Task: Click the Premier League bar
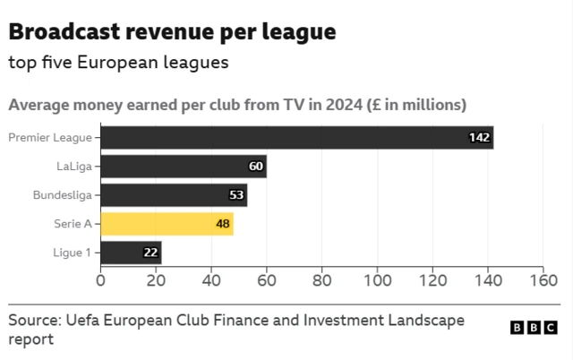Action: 295,137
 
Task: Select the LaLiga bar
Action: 183,167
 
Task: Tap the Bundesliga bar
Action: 173,195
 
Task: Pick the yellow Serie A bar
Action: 166,224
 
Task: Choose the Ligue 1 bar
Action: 130,253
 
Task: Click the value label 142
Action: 480,137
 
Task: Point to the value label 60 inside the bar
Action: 256,167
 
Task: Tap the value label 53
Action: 236,195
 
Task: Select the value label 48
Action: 223,224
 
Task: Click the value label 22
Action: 150,253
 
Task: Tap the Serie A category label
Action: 73,224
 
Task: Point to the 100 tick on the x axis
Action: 377,280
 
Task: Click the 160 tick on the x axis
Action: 543,280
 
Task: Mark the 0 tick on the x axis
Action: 100,280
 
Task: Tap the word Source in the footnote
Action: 32,321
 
